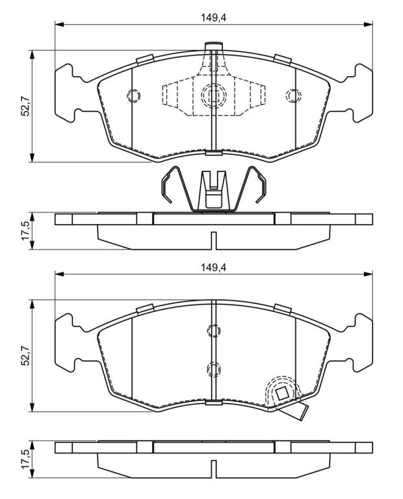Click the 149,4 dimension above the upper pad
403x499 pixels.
click(213, 18)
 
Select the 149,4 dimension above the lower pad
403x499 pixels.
click(213, 268)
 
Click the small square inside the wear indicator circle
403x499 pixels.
click(282, 394)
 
